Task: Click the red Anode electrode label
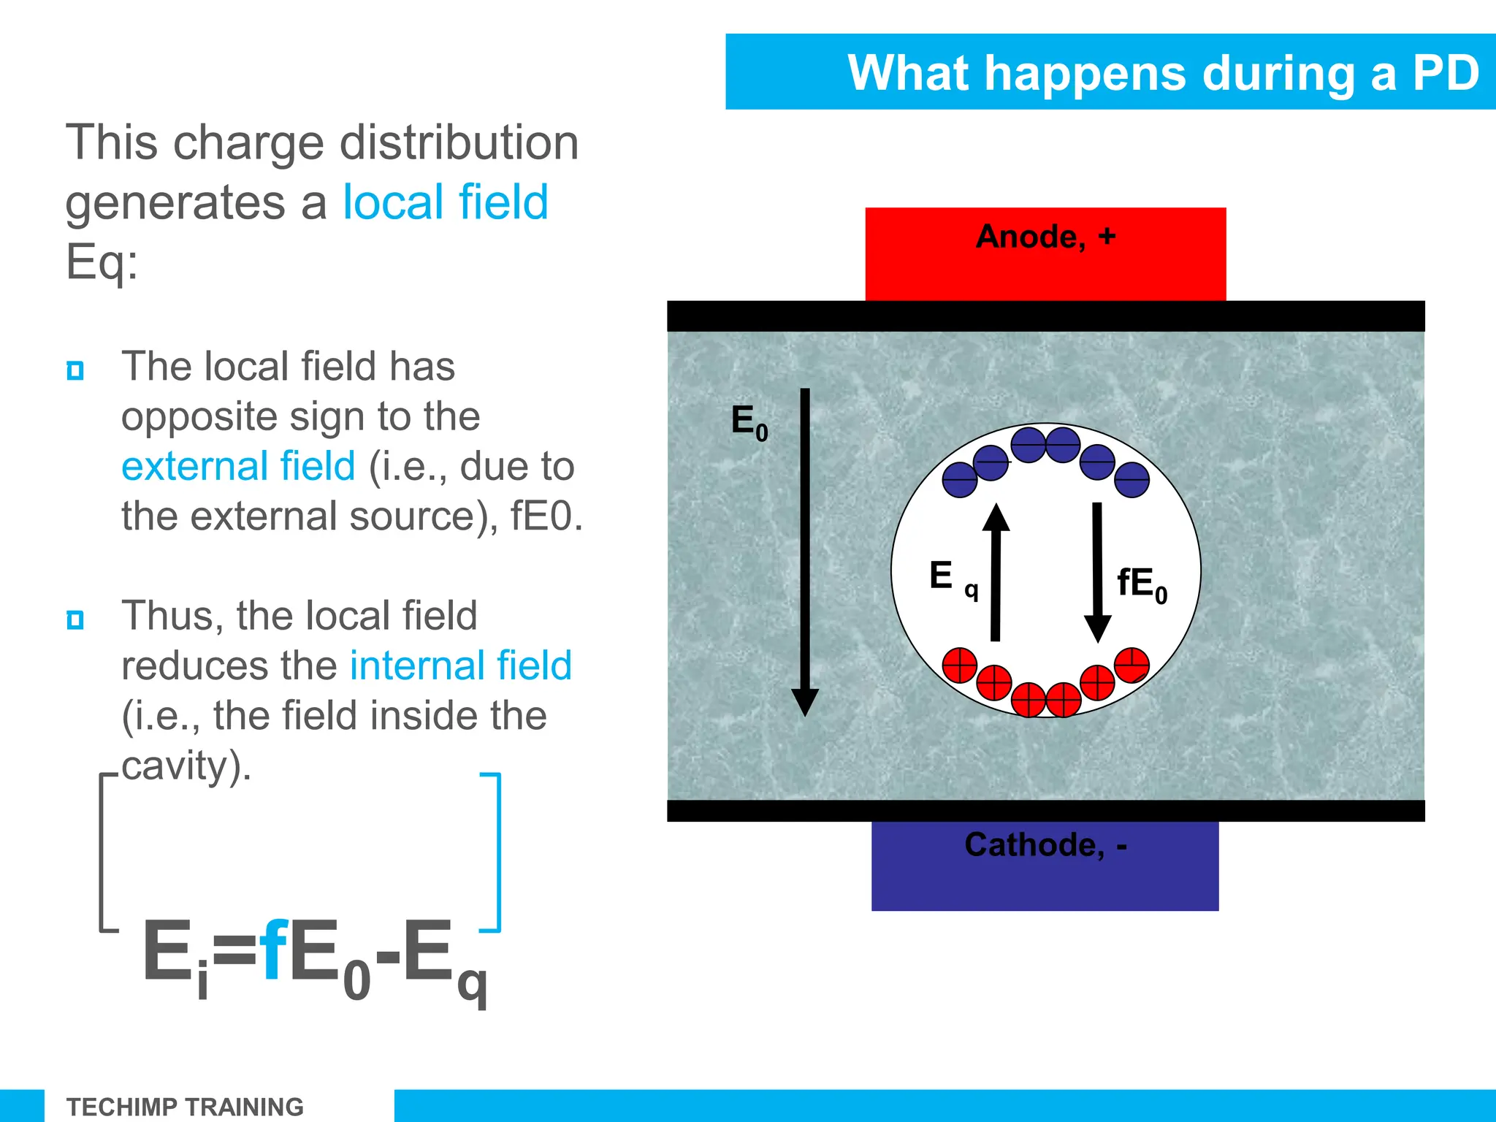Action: point(1045,237)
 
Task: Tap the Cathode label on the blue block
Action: point(1045,845)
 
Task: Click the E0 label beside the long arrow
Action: point(749,423)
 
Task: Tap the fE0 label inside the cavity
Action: point(1142,585)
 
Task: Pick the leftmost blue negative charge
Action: point(960,480)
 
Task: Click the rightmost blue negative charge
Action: point(1132,480)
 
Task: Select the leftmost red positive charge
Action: point(960,665)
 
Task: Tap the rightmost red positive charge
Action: point(1132,665)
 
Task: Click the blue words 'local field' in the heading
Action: point(446,202)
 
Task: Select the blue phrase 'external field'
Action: point(238,466)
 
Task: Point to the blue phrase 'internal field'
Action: point(460,665)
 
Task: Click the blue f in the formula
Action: point(273,952)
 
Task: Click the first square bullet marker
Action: point(75,370)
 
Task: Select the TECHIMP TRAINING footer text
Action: point(185,1107)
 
